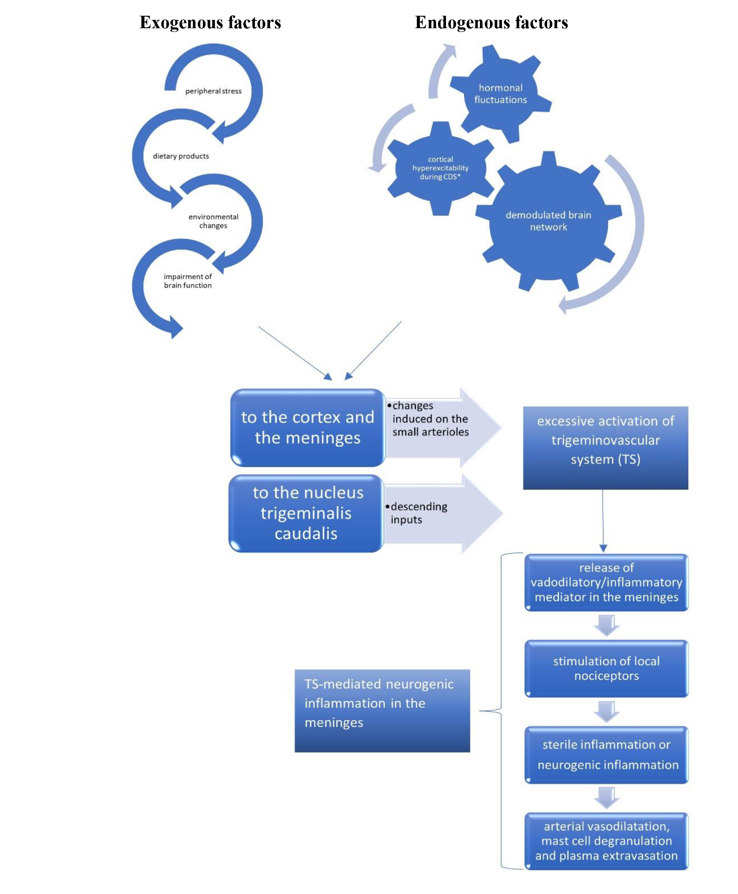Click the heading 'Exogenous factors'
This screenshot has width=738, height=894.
click(x=210, y=22)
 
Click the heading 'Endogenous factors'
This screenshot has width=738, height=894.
click(x=491, y=22)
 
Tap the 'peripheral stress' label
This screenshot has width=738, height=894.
click(x=213, y=91)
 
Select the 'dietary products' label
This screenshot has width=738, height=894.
click(x=181, y=156)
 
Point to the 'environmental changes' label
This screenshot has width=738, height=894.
click(x=213, y=221)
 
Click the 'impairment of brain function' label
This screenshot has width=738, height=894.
click(x=188, y=281)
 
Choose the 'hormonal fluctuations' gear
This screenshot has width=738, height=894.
click(x=500, y=93)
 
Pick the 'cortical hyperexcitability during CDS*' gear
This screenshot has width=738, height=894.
click(x=441, y=168)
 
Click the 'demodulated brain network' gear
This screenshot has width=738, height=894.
click(x=548, y=221)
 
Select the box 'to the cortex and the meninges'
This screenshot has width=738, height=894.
click(x=308, y=427)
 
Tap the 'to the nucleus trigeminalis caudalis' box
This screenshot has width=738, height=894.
click(x=306, y=513)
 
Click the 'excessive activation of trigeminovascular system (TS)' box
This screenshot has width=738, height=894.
click(x=605, y=448)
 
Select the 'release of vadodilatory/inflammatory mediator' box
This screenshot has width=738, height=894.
click(x=606, y=582)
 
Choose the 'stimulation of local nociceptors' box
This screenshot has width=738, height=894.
click(x=606, y=668)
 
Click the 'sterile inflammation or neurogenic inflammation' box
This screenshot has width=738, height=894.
click(x=606, y=755)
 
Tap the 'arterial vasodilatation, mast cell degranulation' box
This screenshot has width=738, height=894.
click(x=606, y=841)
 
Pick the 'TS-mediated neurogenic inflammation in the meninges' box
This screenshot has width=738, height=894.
click(x=382, y=710)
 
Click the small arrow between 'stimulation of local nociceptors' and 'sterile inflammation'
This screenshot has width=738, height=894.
click(x=606, y=711)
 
